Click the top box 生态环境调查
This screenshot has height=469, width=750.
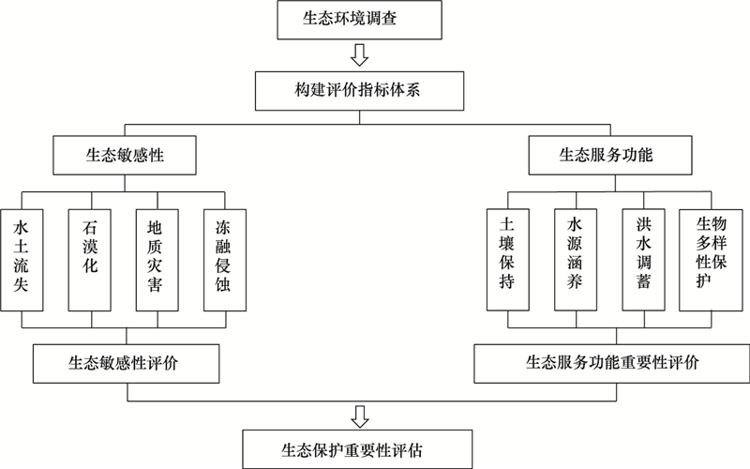tap(359, 20)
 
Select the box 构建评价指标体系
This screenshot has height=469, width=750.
tap(359, 91)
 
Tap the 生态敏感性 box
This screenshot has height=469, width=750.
tap(125, 155)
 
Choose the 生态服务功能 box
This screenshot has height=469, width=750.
tap(610, 155)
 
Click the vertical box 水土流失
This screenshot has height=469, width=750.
tap(22, 260)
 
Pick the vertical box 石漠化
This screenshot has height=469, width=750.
tap(89, 260)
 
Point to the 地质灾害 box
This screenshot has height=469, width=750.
tap(157, 260)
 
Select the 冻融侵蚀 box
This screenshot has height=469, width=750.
tap(225, 260)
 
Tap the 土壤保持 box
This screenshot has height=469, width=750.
tap(508, 260)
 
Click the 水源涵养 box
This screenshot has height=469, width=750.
tap(576, 260)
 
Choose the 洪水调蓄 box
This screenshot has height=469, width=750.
tap(643, 260)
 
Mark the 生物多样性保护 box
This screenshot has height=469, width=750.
tap(712, 260)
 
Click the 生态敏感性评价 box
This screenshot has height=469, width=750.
tap(127, 363)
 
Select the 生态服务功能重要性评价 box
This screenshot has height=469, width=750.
tap(612, 363)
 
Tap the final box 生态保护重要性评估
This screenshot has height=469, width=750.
tap(357, 449)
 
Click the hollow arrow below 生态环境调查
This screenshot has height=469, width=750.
tap(359, 55)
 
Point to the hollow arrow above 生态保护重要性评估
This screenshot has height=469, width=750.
tap(360, 416)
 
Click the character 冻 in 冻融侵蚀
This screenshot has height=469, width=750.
tap(223, 227)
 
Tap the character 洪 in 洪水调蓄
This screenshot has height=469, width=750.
tap(644, 224)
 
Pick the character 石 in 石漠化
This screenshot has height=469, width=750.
tap(89, 227)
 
